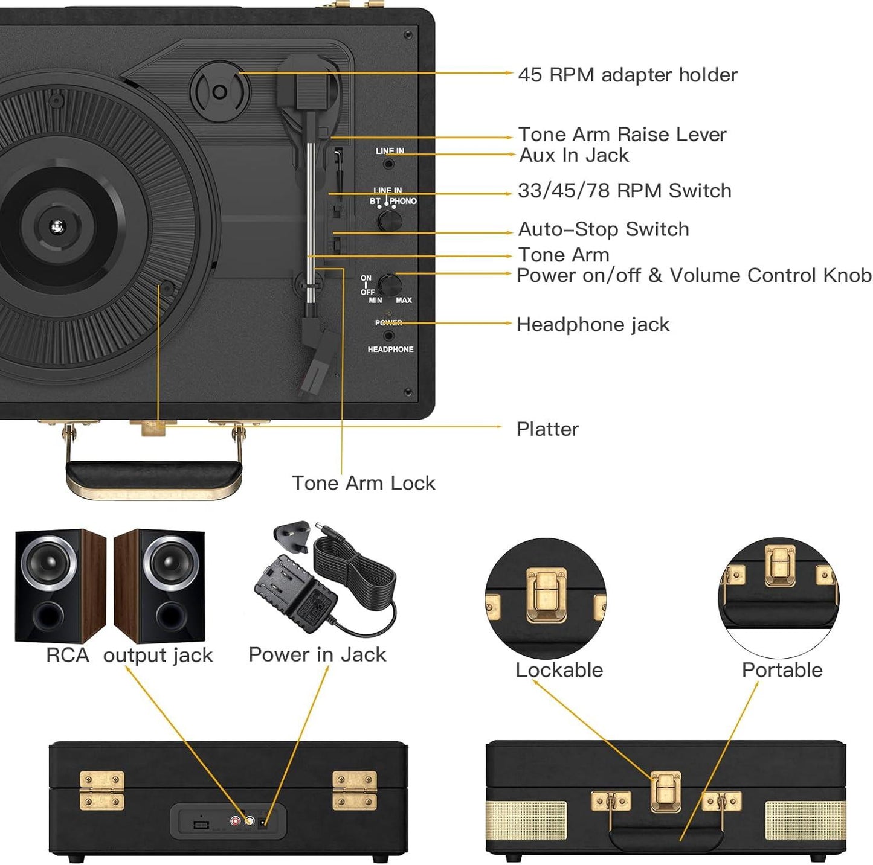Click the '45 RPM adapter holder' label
click(627, 75)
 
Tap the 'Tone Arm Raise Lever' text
click(622, 134)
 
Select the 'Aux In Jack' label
click(573, 155)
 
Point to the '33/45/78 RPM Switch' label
click(624, 191)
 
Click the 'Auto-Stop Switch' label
click(603, 229)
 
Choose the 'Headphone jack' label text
click(593, 325)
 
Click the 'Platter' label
click(547, 429)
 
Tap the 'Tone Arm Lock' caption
click(363, 483)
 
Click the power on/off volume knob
click(390, 285)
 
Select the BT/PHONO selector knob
click(390, 220)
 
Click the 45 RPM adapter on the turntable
click(220, 92)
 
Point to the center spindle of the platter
click(57, 227)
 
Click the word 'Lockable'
click(559, 670)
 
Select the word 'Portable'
click(782, 670)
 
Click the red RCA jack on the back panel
click(236, 821)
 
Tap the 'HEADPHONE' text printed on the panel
click(390, 350)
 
